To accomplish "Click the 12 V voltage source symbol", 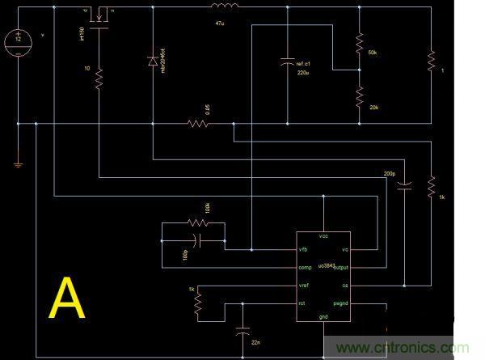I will coord(18,42).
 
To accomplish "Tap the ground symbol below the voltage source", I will coord(18,165).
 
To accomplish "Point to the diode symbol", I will coord(152,61).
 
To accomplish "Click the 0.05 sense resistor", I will coord(197,124).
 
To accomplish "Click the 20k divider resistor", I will coord(359,98).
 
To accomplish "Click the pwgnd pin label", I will coord(340,303).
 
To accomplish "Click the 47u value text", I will coord(219,24).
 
